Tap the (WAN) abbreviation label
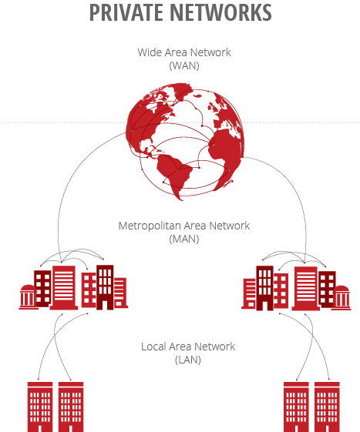point(184,66)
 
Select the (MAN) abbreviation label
point(184,239)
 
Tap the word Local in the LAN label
point(155,347)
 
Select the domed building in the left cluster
point(28,296)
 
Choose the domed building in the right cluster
point(341,296)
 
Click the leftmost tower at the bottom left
point(39,405)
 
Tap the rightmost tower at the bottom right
point(327,405)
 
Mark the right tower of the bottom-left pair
point(70,405)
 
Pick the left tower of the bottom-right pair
point(296,405)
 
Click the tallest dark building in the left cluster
point(105,285)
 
